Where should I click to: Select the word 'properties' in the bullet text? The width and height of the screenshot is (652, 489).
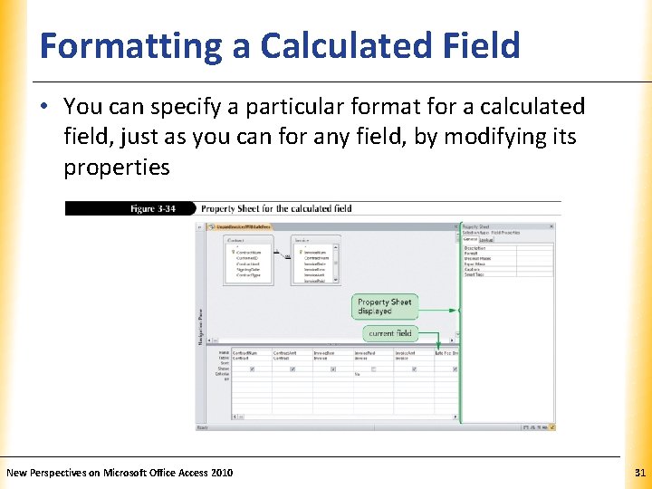point(116,168)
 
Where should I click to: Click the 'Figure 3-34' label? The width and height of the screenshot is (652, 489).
point(151,208)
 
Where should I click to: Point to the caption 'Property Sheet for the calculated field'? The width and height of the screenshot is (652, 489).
point(276,208)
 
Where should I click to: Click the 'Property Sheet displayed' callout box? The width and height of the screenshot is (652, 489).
point(384,307)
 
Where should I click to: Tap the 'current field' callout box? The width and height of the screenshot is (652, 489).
point(389,333)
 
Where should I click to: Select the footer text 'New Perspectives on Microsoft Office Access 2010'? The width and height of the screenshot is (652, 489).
point(120,473)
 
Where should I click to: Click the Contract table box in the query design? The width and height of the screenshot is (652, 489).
point(248,260)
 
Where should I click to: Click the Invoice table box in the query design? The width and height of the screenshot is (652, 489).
point(315,260)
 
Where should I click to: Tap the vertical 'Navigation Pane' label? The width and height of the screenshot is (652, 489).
point(201,326)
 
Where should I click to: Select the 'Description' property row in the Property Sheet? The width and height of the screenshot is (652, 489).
point(475,247)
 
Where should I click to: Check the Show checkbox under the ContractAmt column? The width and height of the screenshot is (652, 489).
point(292,369)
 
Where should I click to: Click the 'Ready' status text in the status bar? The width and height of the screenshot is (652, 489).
point(205,427)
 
